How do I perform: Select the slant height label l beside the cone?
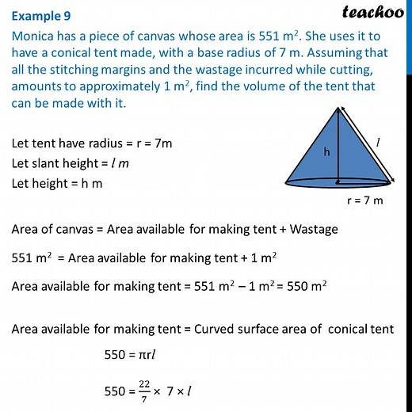378,143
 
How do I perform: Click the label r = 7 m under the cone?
365,200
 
